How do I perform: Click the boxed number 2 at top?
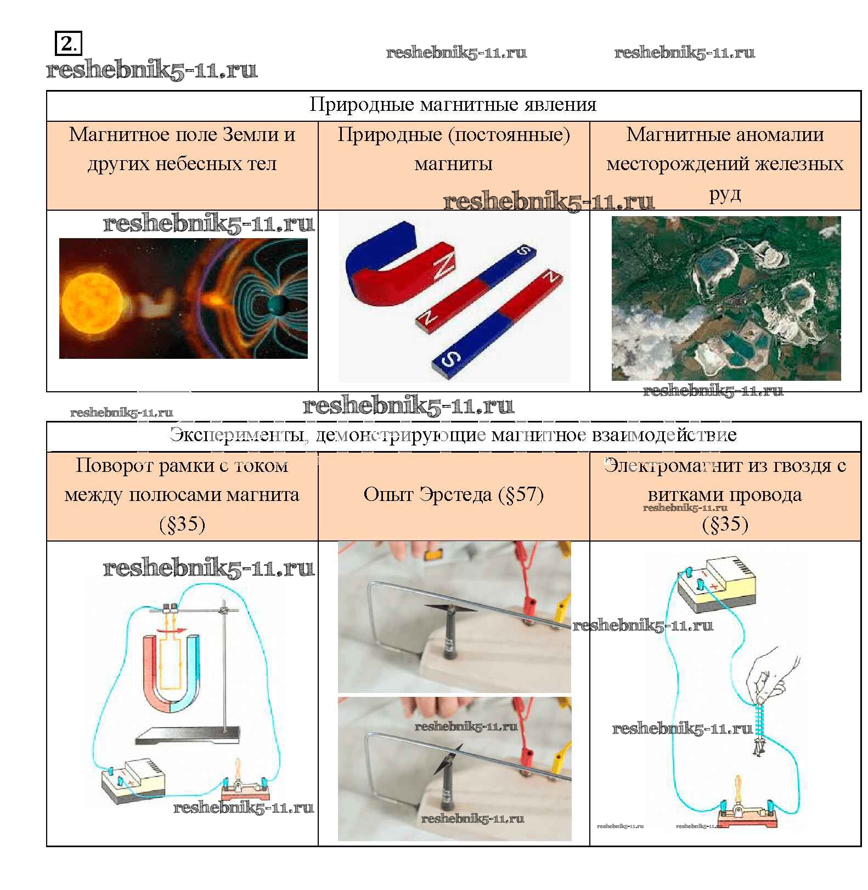[x=68, y=43]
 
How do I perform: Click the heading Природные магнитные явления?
[x=453, y=104]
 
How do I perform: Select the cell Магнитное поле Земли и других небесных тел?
[x=182, y=165]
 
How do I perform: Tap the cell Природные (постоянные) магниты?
[x=454, y=165]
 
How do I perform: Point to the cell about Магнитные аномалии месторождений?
[x=725, y=165]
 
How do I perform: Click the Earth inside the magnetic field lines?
[x=278, y=305]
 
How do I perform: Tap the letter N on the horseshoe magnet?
[x=443, y=267]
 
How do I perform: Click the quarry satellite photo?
[x=726, y=298]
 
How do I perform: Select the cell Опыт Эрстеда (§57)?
[x=454, y=496]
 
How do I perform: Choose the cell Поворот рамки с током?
[x=182, y=496]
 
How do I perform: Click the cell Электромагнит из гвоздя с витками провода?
[x=725, y=496]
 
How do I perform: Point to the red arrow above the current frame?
[x=171, y=631]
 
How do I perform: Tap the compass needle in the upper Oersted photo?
[x=451, y=608]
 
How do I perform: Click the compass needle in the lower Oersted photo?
[x=448, y=759]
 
